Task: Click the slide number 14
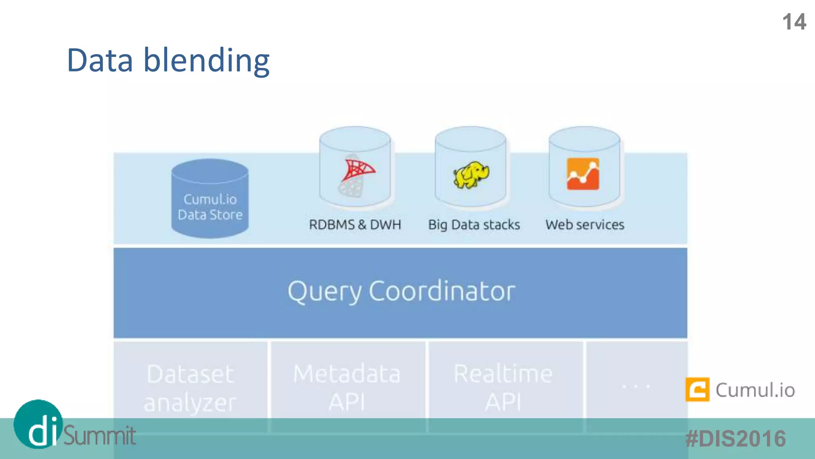[794, 22]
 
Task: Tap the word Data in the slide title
[100, 61]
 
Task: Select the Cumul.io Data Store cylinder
[210, 199]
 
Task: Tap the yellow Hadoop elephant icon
[471, 175]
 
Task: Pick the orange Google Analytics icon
[583, 174]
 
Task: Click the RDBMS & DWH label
[355, 225]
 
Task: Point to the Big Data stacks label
[474, 225]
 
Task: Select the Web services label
[585, 225]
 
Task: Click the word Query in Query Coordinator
[325, 292]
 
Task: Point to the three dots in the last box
[636, 386]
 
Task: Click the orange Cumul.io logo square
[697, 389]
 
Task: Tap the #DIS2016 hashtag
[735, 439]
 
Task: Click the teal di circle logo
[39, 424]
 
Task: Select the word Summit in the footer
[99, 435]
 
